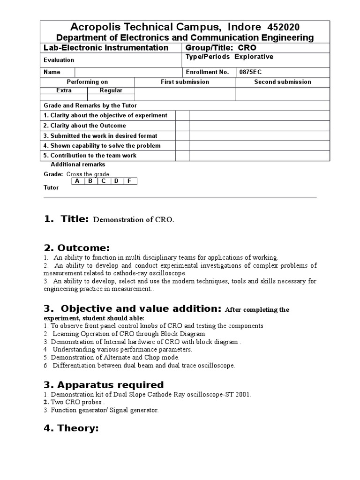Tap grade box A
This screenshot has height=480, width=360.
tap(77, 181)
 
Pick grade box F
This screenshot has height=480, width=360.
tap(129, 181)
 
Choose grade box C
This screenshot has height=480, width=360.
tap(103, 181)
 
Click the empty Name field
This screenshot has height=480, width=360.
tap(127, 72)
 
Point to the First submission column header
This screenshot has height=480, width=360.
tap(185, 82)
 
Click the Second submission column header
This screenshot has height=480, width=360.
tap(282, 82)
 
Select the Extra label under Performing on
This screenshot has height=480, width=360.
tap(64, 90)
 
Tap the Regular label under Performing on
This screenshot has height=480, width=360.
tap(111, 90)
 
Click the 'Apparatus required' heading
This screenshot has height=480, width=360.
tap(104, 385)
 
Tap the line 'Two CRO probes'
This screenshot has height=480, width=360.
tap(77, 402)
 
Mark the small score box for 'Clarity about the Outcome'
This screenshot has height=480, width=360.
tap(182, 126)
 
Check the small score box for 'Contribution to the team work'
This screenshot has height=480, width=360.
tap(182, 156)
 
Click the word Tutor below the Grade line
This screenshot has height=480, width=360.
tap(51, 187)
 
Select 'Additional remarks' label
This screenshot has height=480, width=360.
tap(78, 165)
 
